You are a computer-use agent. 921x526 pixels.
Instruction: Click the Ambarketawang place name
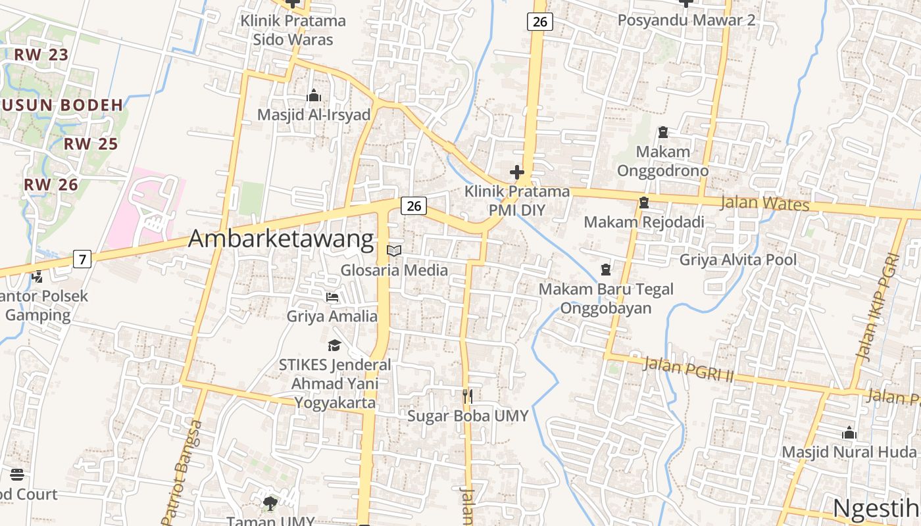click(x=281, y=239)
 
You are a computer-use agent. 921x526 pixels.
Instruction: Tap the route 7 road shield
click(x=82, y=259)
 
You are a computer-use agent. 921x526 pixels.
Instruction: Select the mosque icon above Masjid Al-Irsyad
click(x=314, y=96)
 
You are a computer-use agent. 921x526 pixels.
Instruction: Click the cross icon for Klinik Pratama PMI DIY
click(x=517, y=173)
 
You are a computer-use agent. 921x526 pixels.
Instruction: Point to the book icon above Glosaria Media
click(x=394, y=251)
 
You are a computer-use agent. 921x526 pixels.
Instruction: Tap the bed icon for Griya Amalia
click(x=332, y=297)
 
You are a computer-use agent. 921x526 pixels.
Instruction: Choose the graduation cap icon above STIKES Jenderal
click(x=335, y=345)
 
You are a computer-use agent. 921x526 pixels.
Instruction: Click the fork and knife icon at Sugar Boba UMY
click(x=468, y=396)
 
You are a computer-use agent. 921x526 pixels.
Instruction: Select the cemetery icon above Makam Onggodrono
click(x=662, y=132)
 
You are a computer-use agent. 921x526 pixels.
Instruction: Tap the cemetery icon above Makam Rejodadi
click(x=644, y=203)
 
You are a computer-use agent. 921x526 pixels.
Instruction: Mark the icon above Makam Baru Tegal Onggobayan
click(x=606, y=270)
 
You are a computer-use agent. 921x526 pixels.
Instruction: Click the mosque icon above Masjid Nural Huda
click(x=849, y=433)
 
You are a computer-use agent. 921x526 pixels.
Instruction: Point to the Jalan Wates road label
click(x=764, y=203)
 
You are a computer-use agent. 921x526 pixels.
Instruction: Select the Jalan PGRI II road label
click(x=687, y=370)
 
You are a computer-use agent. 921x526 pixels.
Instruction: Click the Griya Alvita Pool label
click(x=738, y=260)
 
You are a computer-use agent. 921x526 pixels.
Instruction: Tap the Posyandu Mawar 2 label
click(x=686, y=20)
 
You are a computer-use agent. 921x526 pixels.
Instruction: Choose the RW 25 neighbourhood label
click(x=91, y=144)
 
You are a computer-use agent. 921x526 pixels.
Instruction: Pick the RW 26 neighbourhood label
click(x=51, y=185)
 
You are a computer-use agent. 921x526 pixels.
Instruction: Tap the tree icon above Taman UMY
click(x=270, y=504)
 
